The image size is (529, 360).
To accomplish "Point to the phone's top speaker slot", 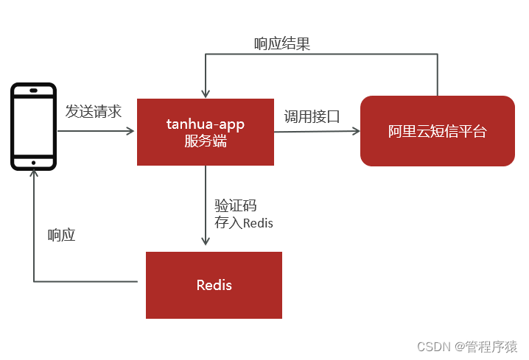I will (33, 91).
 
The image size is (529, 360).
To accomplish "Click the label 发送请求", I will (93, 111).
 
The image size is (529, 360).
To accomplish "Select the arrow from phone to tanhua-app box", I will (96, 132).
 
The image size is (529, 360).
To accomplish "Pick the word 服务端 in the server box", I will (205, 141).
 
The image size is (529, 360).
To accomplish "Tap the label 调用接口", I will (312, 116).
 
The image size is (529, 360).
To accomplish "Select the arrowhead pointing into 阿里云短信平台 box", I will (356, 132).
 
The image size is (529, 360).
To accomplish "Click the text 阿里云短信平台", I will (438, 133).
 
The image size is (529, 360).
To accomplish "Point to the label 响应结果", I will (282, 44).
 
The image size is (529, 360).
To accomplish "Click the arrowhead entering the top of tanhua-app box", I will (205, 91).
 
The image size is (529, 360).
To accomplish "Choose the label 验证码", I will (236, 205).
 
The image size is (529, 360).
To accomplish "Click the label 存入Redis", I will (243, 222).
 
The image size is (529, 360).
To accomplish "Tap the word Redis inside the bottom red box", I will (214, 285).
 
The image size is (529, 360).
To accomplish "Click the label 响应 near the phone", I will (62, 236).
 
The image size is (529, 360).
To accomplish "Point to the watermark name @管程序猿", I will (486, 346).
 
